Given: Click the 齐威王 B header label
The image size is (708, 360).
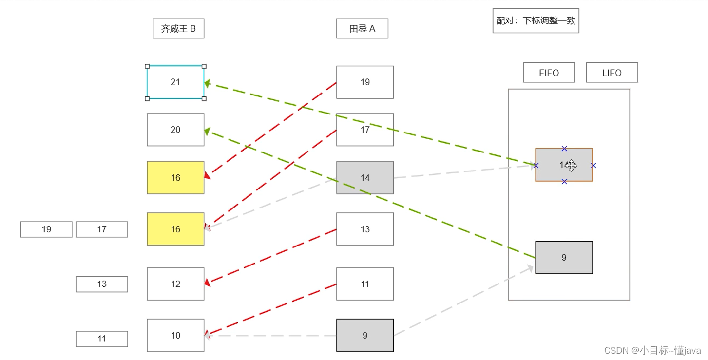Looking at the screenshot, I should pyautogui.click(x=178, y=29).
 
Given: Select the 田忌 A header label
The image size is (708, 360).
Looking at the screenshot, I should pyautogui.click(x=362, y=29).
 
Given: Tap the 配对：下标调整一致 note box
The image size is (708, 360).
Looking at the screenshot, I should pyautogui.click(x=536, y=20).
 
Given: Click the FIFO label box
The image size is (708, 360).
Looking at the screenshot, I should pyautogui.click(x=549, y=73).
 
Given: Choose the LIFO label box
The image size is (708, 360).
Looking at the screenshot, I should pyautogui.click(x=612, y=73).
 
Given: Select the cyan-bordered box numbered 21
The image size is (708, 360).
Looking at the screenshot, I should pyautogui.click(x=175, y=82).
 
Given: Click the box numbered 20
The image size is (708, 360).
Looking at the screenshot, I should pyautogui.click(x=175, y=130).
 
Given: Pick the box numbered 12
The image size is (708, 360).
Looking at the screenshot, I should pyautogui.click(x=175, y=284).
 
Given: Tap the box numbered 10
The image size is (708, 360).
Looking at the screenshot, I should pyautogui.click(x=175, y=335).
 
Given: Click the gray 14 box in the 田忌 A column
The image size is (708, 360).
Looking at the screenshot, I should pyautogui.click(x=365, y=178).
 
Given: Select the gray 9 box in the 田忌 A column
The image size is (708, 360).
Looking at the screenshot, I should pyautogui.click(x=365, y=335).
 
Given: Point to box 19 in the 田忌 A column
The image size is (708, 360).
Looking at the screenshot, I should pyautogui.click(x=365, y=82).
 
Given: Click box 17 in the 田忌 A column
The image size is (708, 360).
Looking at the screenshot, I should pyautogui.click(x=365, y=130).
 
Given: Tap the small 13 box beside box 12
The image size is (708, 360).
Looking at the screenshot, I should pyautogui.click(x=101, y=284).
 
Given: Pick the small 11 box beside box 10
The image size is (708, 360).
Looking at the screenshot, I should pyautogui.click(x=101, y=339).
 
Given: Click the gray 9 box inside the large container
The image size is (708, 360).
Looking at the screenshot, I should pyautogui.click(x=564, y=257).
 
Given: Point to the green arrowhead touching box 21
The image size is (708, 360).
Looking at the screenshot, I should pyautogui.click(x=208, y=84).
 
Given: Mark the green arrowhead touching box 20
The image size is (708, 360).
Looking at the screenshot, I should pyautogui.click(x=208, y=131).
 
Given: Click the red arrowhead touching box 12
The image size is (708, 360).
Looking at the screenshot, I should pyautogui.click(x=208, y=283).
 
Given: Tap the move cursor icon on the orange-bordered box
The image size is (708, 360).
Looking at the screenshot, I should pyautogui.click(x=571, y=166).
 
